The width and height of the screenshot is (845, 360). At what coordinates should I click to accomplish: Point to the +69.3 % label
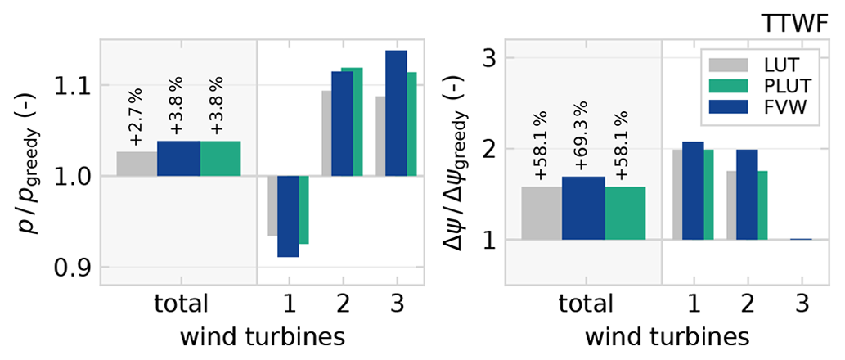click(582, 144)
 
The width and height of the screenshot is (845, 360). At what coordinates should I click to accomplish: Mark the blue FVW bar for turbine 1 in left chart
click(288, 216)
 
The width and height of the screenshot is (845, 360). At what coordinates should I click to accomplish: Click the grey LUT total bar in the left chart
click(137, 164)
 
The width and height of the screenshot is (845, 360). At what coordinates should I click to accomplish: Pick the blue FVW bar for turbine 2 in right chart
click(746, 195)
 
